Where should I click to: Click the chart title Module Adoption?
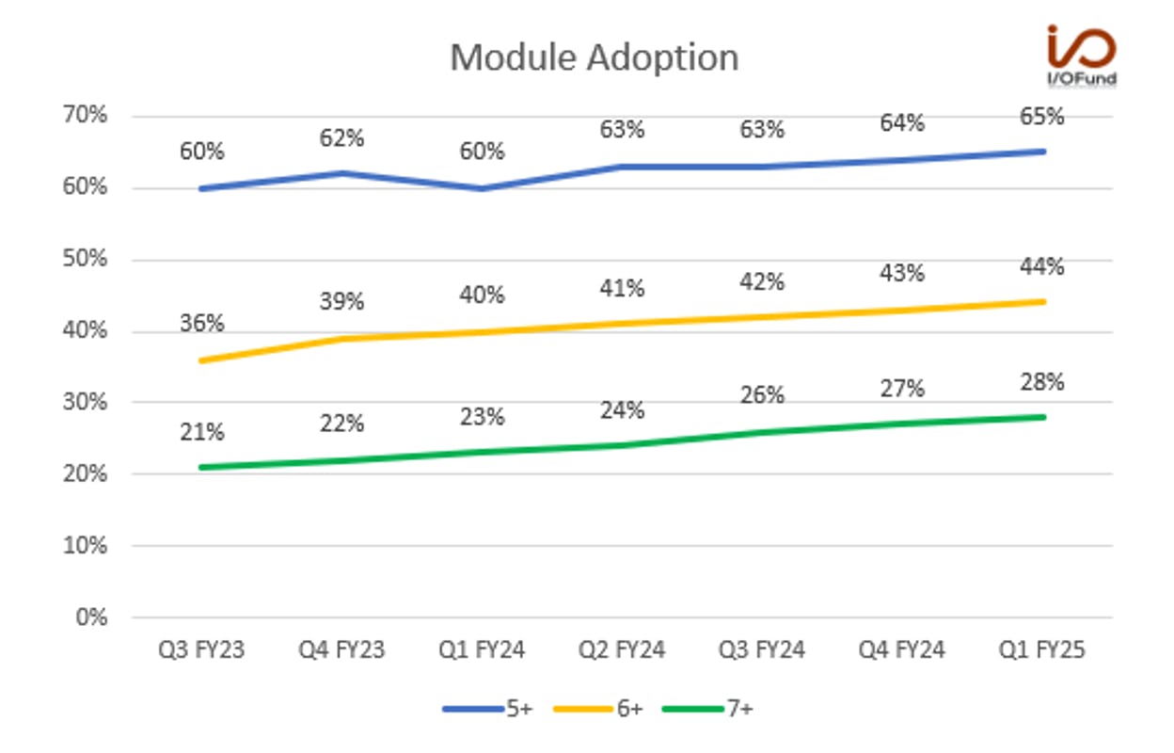coord(595,56)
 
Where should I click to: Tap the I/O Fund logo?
coord(1081,55)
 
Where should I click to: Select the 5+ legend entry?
coord(487,709)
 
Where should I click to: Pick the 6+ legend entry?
coord(598,709)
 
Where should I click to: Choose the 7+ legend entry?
coord(707,709)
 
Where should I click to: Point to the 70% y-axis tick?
coord(85,114)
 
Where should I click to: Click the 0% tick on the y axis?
coord(92,617)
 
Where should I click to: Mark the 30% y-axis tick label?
coord(85,402)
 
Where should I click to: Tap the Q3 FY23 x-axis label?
coord(201,650)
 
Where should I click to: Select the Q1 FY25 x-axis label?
coord(1041,650)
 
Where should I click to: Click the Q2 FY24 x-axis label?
coord(622,650)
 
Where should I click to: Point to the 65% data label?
coord(1042,117)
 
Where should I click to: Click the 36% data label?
coord(201,323)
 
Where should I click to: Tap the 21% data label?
coord(201,433)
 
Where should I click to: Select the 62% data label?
coord(341,138)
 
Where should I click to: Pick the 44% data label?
coord(1042,267)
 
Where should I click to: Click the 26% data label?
coord(762,395)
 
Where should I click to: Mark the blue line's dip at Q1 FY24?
coord(482,188)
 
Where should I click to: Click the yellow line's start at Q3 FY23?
coord(201,360)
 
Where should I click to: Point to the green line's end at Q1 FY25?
coord(1043,417)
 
